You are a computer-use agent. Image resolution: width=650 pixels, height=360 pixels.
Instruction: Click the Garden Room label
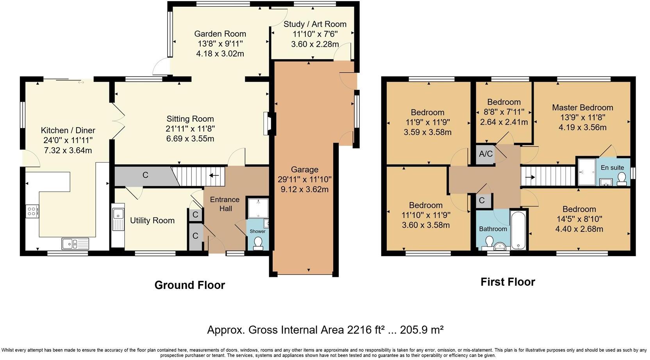coord(220,34)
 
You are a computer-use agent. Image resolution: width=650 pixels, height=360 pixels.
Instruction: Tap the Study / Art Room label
coord(315,24)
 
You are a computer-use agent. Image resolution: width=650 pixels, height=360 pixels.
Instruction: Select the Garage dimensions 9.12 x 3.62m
coord(304,190)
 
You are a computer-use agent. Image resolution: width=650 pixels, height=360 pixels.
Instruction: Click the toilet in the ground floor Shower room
coord(258,244)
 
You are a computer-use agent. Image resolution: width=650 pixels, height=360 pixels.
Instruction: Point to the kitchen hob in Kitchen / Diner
coord(32,211)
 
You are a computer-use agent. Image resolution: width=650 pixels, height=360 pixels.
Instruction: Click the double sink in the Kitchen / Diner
coord(75,244)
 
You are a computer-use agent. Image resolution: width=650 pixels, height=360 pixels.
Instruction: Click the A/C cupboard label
coord(486,154)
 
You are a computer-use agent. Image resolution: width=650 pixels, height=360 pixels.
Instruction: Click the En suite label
coord(612,168)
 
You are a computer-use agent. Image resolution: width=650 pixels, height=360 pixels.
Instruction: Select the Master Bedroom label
coord(582,107)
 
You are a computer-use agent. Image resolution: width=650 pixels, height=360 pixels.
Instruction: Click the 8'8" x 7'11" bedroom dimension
coord(504,112)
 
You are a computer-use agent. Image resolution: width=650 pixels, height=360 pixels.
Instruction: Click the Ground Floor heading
coord(189,285)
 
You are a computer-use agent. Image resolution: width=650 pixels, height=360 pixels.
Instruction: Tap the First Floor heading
coord(507,282)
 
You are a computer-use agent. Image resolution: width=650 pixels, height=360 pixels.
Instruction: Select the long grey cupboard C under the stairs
coord(145,176)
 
